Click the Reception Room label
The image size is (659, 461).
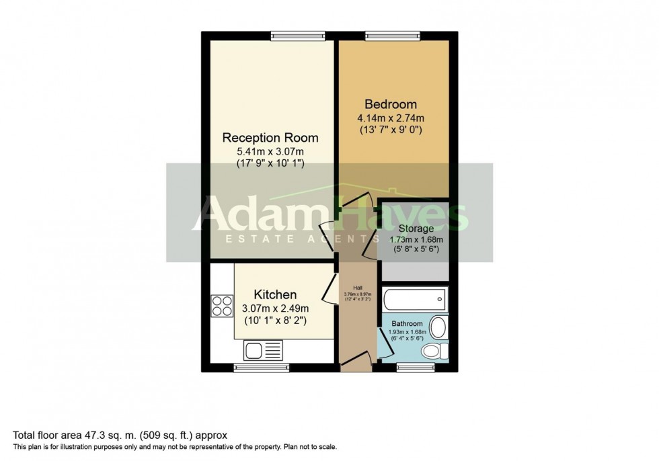[270, 138]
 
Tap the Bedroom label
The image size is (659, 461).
[390, 104]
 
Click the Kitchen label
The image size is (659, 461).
[275, 294]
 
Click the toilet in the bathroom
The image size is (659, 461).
[438, 351]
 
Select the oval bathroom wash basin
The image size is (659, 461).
[438, 328]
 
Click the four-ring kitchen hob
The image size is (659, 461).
[222, 306]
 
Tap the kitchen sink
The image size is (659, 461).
[263, 349]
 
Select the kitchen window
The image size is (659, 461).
[261, 368]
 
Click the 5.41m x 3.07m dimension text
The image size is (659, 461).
[270, 151]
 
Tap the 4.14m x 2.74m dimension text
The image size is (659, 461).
[390, 118]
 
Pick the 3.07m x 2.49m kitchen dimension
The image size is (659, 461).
[275, 308]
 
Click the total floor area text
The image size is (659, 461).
[121, 435]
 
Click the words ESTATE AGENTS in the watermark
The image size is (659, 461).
[296, 239]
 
